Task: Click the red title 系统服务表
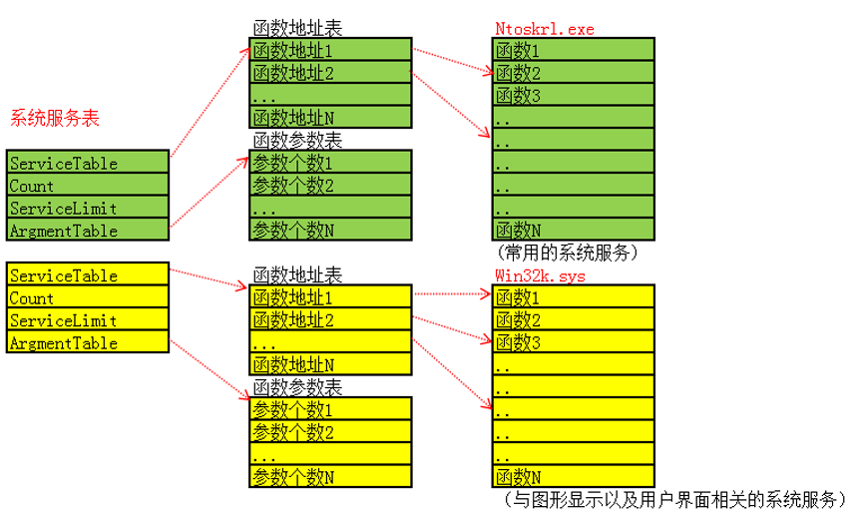pyautogui.click(x=55, y=118)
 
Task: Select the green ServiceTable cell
pyautogui.click(x=88, y=163)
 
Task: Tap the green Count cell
pyautogui.click(x=88, y=186)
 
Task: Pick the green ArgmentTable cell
pyautogui.click(x=88, y=231)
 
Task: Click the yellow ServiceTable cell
pyautogui.click(x=88, y=275)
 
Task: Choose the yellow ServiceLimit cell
pyautogui.click(x=88, y=320)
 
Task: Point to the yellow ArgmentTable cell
pyautogui.click(x=88, y=343)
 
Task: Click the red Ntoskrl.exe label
pyautogui.click(x=544, y=29)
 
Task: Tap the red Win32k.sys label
pyautogui.click(x=540, y=274)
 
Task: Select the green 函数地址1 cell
pyautogui.click(x=329, y=50)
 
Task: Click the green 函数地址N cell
pyautogui.click(x=329, y=118)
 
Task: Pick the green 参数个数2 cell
pyautogui.click(x=329, y=186)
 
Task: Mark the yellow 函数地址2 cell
pyautogui.click(x=329, y=320)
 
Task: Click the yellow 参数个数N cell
pyautogui.click(x=329, y=476)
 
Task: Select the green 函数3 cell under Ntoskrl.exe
pyautogui.click(x=574, y=96)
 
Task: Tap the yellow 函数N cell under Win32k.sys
pyautogui.click(x=574, y=476)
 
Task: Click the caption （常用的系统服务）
pyautogui.click(x=566, y=253)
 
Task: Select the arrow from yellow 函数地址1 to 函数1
pyautogui.click(x=451, y=294)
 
